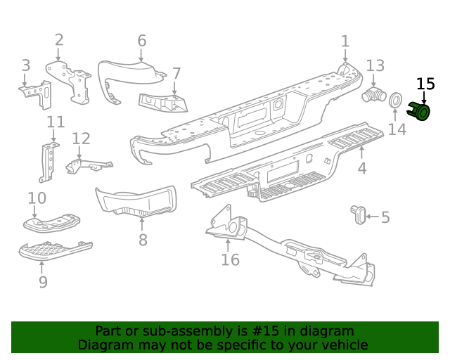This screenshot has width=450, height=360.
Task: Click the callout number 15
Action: click(425, 84)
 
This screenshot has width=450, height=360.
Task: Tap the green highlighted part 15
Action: click(420, 112)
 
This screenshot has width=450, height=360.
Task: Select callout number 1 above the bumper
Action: click(345, 41)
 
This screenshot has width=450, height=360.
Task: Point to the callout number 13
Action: click(375, 65)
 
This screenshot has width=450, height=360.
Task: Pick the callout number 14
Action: click(397, 129)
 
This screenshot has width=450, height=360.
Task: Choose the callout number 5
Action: click(385, 217)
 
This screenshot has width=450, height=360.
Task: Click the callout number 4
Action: click(361, 168)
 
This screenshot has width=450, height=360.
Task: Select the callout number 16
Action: click(230, 259)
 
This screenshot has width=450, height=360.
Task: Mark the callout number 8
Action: click(143, 240)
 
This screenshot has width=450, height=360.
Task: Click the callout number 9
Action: click(43, 282)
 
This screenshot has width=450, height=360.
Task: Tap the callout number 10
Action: click(37, 198)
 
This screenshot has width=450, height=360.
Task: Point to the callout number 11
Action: click(56, 124)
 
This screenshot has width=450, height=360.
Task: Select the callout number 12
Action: click(81, 139)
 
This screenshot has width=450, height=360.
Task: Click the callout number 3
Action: click(26, 65)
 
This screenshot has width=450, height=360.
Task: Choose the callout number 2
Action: click(59, 40)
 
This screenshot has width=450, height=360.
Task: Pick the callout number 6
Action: click(141, 40)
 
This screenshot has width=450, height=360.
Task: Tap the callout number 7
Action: click(176, 72)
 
